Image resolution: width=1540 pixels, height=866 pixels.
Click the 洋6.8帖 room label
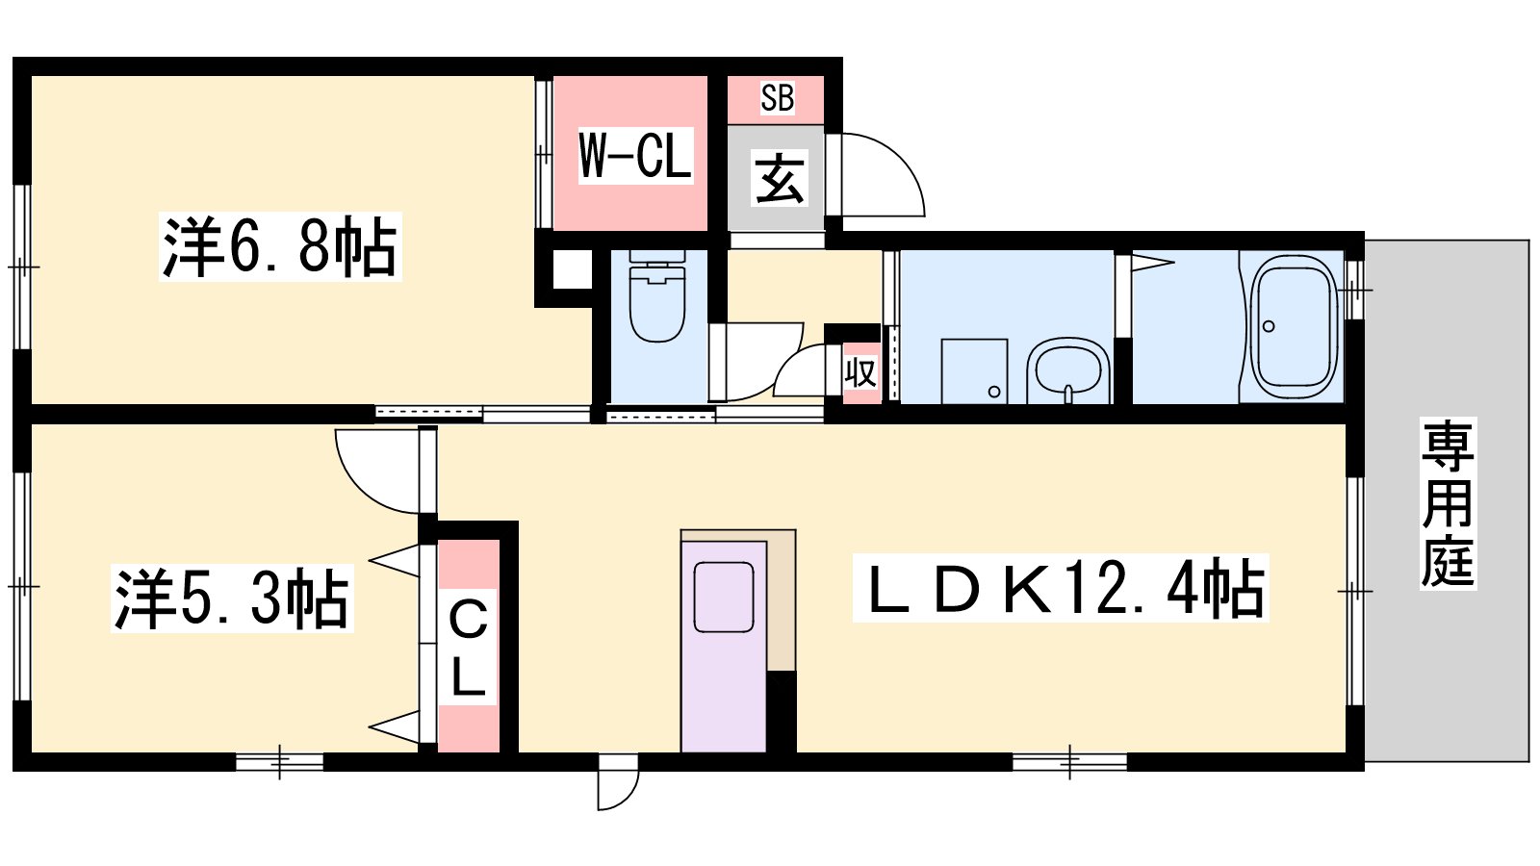(280, 246)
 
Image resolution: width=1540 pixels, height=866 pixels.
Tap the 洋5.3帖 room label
(232, 598)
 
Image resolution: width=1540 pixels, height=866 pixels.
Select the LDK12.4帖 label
(1061, 588)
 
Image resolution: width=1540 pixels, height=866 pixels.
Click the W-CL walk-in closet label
(635, 156)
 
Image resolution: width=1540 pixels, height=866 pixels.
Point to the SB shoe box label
(778, 97)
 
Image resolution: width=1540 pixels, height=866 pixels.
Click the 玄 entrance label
(780, 179)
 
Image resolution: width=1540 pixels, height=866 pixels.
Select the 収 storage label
(860, 372)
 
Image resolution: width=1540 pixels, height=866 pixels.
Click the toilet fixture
(657, 295)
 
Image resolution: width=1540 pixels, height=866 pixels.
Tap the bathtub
(1293, 327)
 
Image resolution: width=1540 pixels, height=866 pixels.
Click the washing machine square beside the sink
(974, 371)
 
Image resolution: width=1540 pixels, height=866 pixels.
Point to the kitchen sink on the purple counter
(723, 597)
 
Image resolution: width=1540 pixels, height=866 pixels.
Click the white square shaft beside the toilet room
(572, 270)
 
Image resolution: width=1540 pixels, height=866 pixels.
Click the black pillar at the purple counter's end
(782, 711)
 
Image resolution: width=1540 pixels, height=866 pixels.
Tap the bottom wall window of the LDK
(1069, 761)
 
